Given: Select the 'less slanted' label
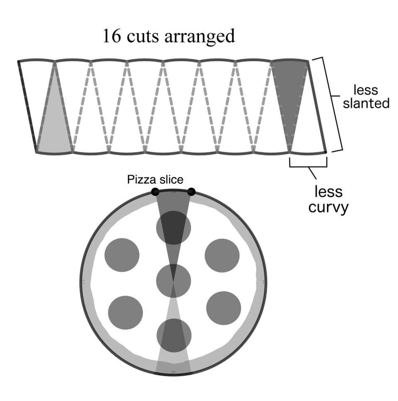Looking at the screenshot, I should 371,96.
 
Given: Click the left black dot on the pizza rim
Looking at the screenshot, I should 155,192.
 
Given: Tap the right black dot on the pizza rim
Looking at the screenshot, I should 192,191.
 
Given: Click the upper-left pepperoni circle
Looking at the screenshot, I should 122,255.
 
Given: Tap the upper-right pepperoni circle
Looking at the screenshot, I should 222,255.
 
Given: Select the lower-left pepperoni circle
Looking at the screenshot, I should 125,312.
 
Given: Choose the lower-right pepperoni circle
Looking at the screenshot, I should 223,308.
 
